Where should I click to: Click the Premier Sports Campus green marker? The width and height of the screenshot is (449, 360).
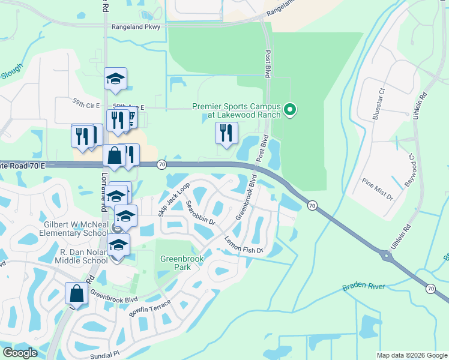(290, 109)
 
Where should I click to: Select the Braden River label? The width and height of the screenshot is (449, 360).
(364, 287)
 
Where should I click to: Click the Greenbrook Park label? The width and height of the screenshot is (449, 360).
(182, 263)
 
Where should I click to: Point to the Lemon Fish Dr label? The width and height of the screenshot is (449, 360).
(244, 245)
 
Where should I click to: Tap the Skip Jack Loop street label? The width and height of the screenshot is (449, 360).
(173, 199)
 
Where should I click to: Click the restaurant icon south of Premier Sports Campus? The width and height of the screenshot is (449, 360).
(226, 133)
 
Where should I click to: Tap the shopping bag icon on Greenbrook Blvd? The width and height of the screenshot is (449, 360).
(76, 293)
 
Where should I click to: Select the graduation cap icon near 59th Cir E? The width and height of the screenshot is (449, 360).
(115, 79)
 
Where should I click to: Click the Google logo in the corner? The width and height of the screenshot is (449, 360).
(20, 353)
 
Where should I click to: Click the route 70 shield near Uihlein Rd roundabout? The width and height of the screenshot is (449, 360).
(430, 289)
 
